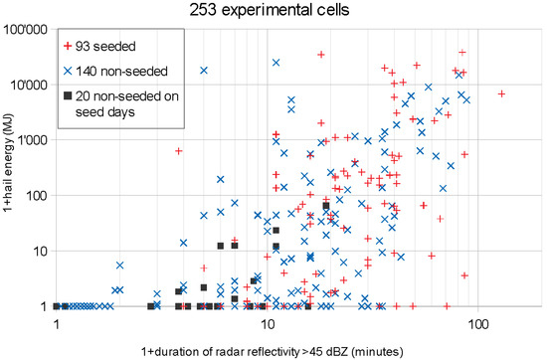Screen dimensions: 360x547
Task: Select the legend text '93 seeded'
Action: point(108,47)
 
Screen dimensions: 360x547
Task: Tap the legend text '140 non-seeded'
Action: point(123,72)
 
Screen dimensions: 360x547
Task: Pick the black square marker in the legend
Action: point(69,96)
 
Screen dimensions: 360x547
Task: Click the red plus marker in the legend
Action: point(69,47)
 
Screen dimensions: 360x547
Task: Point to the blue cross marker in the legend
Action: point(69,72)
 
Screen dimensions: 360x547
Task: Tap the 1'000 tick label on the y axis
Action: point(31,139)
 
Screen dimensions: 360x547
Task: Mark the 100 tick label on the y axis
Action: point(37,195)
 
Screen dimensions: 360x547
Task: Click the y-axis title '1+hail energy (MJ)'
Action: point(9,167)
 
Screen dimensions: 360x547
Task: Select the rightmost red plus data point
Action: point(502,94)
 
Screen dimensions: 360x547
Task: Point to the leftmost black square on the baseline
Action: point(57,306)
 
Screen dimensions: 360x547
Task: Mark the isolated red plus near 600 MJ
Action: point(179,151)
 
